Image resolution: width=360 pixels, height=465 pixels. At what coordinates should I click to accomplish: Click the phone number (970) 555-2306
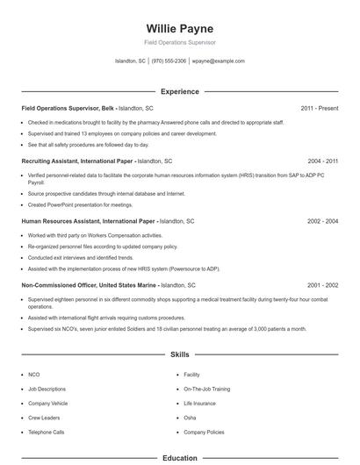169,61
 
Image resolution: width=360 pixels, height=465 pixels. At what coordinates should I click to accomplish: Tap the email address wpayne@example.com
218,61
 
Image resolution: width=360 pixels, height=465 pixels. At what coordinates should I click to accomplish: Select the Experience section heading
179,91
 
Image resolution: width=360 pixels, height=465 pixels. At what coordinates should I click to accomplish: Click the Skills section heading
179,354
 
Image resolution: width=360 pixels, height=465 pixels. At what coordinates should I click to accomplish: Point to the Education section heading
179,457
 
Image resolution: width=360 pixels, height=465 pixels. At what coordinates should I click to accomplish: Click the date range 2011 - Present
320,108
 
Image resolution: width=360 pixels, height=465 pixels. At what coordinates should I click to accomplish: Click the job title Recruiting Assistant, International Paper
78,161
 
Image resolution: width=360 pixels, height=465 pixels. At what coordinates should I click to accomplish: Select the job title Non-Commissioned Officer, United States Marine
89,285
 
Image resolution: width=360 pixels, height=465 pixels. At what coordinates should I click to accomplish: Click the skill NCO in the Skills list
34,374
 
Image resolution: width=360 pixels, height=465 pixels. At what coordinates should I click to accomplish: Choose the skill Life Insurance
200,403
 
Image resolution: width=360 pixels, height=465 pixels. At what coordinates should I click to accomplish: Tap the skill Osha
190,418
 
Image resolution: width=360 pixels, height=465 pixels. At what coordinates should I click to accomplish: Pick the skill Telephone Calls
46,433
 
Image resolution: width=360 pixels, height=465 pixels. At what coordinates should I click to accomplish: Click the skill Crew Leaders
44,418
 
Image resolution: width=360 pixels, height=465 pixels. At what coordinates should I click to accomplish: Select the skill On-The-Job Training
206,388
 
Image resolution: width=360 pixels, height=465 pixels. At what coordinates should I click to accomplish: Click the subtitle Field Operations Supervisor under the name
179,42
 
